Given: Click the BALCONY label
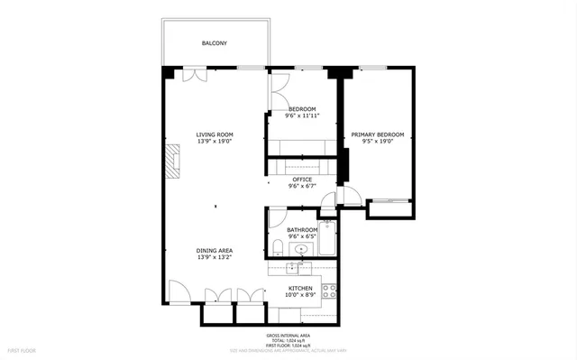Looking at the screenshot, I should click(214, 43).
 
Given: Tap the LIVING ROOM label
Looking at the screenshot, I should click(215, 134).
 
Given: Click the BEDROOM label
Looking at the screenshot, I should click(301, 109).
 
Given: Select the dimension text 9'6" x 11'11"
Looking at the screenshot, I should click(301, 116).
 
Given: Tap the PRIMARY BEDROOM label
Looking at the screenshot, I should click(377, 134).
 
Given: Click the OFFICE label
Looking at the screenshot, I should click(301, 180).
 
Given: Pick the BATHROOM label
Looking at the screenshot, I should click(302, 230).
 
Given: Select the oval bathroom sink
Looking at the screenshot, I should click(301, 251).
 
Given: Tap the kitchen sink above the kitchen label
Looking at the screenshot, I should click(293, 268).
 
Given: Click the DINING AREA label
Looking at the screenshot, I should click(215, 250).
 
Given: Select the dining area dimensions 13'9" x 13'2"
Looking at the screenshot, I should click(215, 257).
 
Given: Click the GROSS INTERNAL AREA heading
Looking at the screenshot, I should click(288, 335).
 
